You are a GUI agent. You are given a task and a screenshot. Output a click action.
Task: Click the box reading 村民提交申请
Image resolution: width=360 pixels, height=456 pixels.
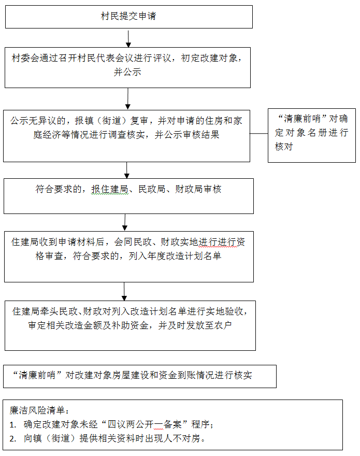click(x=129, y=17)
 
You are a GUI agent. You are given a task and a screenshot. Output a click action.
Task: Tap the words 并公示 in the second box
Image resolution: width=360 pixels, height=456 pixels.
click(x=127, y=72)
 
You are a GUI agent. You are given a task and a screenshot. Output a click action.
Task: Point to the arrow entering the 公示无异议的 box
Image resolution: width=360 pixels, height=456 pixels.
click(x=127, y=99)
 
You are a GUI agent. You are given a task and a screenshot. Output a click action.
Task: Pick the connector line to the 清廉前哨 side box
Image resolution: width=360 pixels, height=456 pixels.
click(x=259, y=134)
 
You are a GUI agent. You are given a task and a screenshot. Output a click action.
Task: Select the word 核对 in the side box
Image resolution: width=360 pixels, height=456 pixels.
click(x=284, y=147)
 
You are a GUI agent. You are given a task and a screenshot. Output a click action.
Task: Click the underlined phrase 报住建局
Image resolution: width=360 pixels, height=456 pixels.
click(x=110, y=189)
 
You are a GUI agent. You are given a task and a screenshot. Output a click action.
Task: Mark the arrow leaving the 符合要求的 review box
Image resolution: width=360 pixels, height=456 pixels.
click(x=125, y=222)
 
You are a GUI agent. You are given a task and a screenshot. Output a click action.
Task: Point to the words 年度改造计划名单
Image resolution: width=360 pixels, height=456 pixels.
click(x=184, y=256)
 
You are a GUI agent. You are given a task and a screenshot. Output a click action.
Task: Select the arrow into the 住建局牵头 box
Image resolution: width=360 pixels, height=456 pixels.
click(x=124, y=291)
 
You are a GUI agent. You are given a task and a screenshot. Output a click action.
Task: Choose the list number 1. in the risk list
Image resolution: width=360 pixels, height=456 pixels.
click(x=13, y=425)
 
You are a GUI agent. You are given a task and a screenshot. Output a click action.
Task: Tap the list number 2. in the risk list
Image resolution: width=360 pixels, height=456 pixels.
click(x=13, y=439)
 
